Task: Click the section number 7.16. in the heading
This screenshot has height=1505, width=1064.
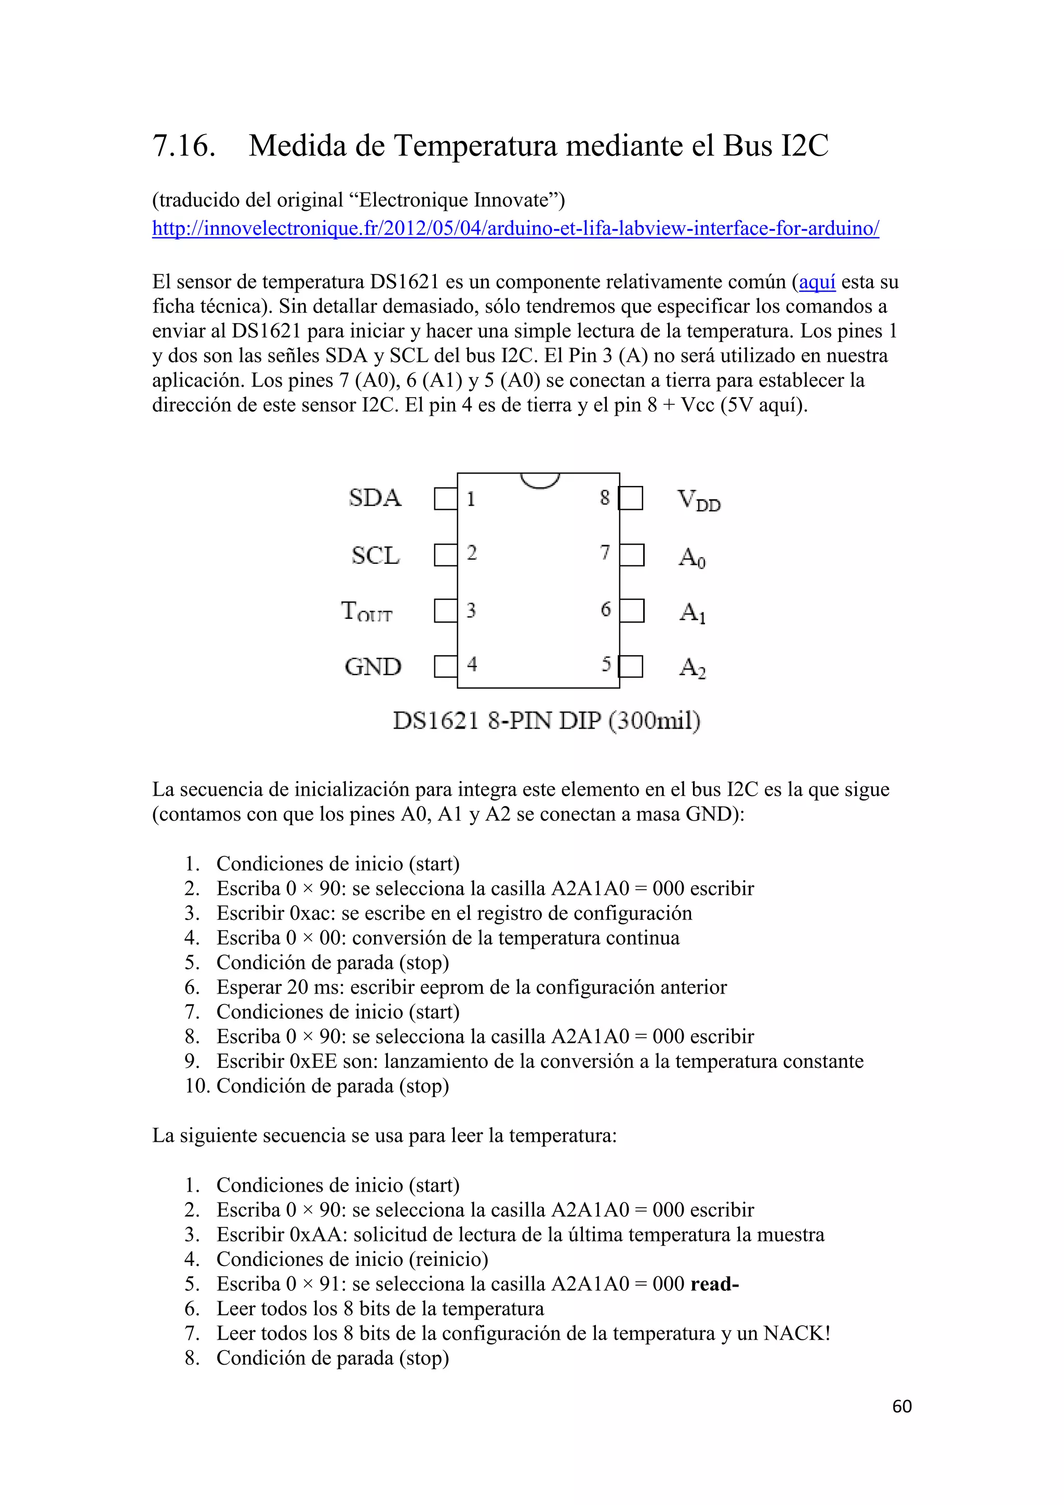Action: tap(183, 146)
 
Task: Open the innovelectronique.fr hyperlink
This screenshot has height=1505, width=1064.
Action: tap(515, 228)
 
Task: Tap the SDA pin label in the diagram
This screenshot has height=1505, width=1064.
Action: tap(375, 498)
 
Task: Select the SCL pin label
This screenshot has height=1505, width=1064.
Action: tap(376, 556)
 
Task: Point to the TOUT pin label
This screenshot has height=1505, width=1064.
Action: tap(367, 612)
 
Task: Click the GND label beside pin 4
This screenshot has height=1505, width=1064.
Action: tap(373, 667)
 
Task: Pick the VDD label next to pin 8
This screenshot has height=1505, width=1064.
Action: tap(698, 501)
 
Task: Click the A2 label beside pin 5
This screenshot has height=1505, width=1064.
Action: tap(693, 668)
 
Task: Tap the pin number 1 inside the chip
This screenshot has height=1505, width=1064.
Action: tap(470, 499)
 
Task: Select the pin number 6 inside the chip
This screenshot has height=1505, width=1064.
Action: tap(605, 610)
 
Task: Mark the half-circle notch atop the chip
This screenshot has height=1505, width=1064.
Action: tap(539, 481)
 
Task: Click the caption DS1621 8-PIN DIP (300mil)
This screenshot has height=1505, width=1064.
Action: tap(547, 720)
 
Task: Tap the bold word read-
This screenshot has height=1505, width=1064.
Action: tap(715, 1284)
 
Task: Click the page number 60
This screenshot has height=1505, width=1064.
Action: tap(901, 1406)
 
